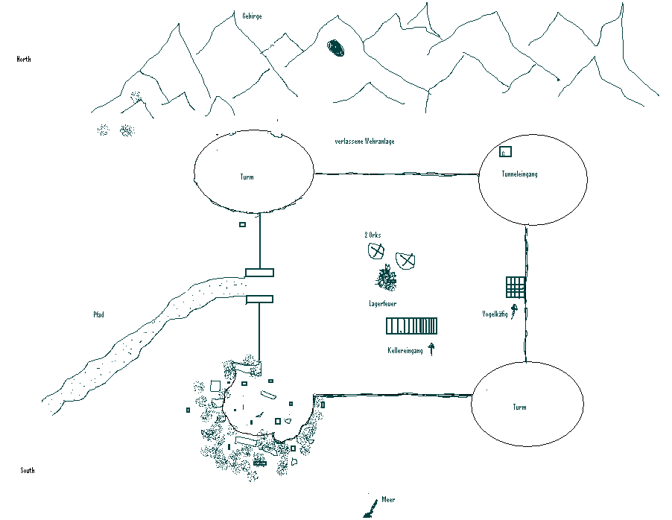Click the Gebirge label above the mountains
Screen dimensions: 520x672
pos(252,16)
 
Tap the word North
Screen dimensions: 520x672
pos(24,59)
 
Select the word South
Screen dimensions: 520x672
pos(28,470)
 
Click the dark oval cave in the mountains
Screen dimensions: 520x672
pos(336,48)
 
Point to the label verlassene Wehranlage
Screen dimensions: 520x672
pos(364,142)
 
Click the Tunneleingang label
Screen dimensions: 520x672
pos(519,174)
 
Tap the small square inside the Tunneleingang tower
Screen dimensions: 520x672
pos(505,152)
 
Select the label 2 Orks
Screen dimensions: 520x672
pos(373,235)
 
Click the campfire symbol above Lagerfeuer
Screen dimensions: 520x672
pos(386,279)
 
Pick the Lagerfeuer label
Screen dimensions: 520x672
pos(382,304)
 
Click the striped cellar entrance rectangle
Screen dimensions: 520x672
pos(411,326)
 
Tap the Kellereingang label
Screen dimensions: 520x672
pos(405,351)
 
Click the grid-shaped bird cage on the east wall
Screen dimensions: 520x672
pos(516,287)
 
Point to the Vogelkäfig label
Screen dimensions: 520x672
pos(495,314)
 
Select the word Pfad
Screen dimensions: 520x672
pos(98,314)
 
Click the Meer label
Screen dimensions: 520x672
pos(388,500)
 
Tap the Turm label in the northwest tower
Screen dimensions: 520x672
pos(247,177)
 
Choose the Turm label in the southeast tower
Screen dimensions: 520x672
pos(519,408)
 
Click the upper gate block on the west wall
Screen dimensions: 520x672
pos(259,273)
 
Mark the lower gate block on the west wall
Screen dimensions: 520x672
pos(259,299)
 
